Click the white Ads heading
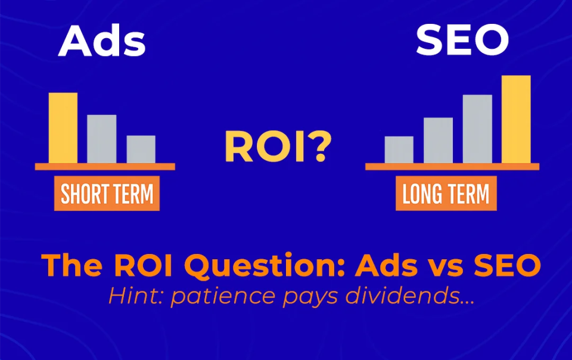[x=102, y=41]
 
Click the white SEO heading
[x=462, y=40]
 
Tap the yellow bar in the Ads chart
[x=63, y=128]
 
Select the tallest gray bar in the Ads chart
[x=102, y=139]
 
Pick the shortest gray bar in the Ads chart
[x=141, y=150]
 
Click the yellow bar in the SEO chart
[x=516, y=119]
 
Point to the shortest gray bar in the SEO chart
[x=399, y=150]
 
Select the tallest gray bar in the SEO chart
[x=477, y=129]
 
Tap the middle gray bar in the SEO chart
[x=438, y=141]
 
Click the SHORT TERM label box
[x=107, y=193]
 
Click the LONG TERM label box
[x=446, y=193]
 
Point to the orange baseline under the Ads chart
[x=105, y=167]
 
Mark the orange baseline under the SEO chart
[x=452, y=167]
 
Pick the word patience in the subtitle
[x=222, y=297]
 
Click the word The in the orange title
[x=72, y=265]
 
